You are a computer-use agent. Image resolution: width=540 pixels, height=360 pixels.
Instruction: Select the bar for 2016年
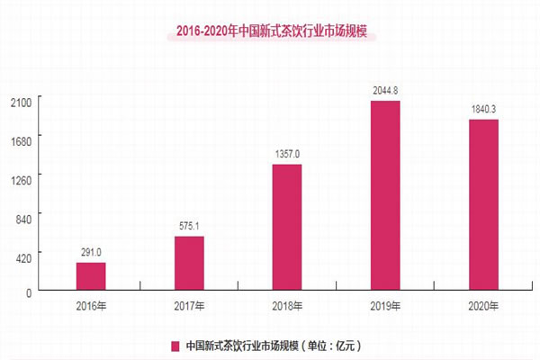point(91,277)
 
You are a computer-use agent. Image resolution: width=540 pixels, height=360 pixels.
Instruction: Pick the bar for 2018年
point(287,229)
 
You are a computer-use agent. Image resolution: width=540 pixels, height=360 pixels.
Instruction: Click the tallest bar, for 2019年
point(385,197)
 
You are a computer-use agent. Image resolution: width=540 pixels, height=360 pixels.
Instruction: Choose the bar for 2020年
point(483,206)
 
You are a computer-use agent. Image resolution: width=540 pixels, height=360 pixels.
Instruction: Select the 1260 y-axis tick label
point(21,178)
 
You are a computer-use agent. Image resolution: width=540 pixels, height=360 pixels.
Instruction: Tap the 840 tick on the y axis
point(23,217)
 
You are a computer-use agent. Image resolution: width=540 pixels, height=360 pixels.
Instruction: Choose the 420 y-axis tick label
point(23,255)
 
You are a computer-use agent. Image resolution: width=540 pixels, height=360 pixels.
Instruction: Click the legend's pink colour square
point(175,344)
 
